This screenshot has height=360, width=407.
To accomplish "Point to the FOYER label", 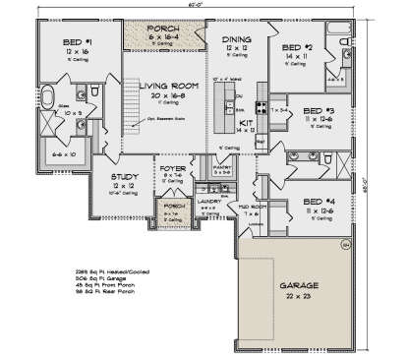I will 173,168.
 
